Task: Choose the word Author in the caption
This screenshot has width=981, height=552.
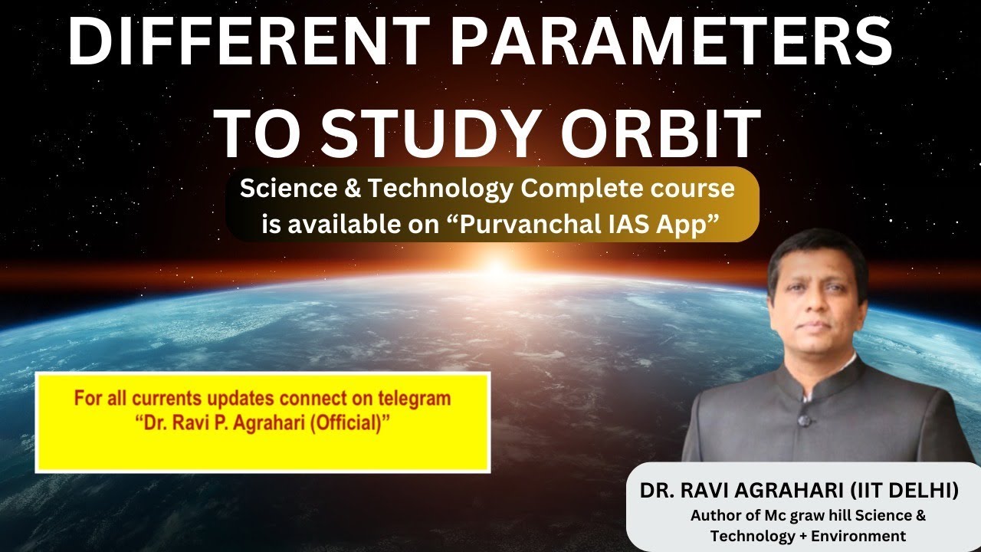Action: click(x=714, y=515)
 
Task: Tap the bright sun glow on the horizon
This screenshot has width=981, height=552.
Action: click(x=497, y=268)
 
